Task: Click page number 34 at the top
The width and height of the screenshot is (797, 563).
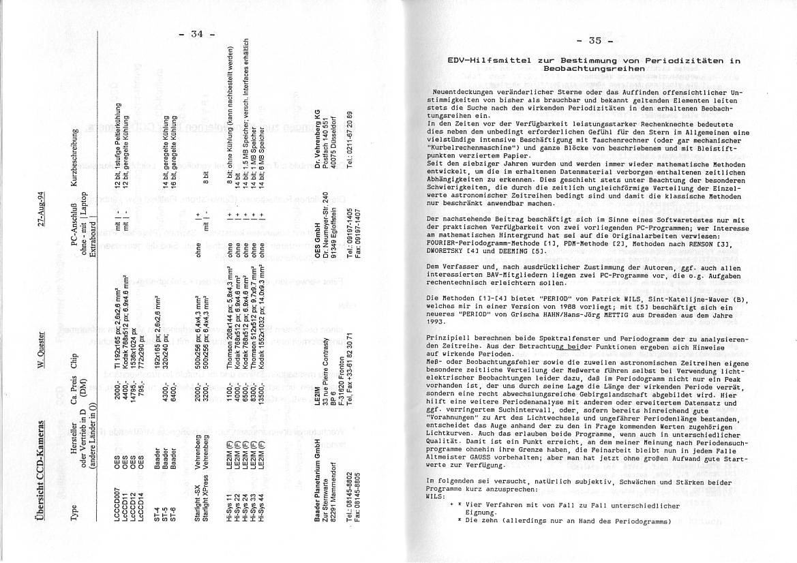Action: coord(197,33)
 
